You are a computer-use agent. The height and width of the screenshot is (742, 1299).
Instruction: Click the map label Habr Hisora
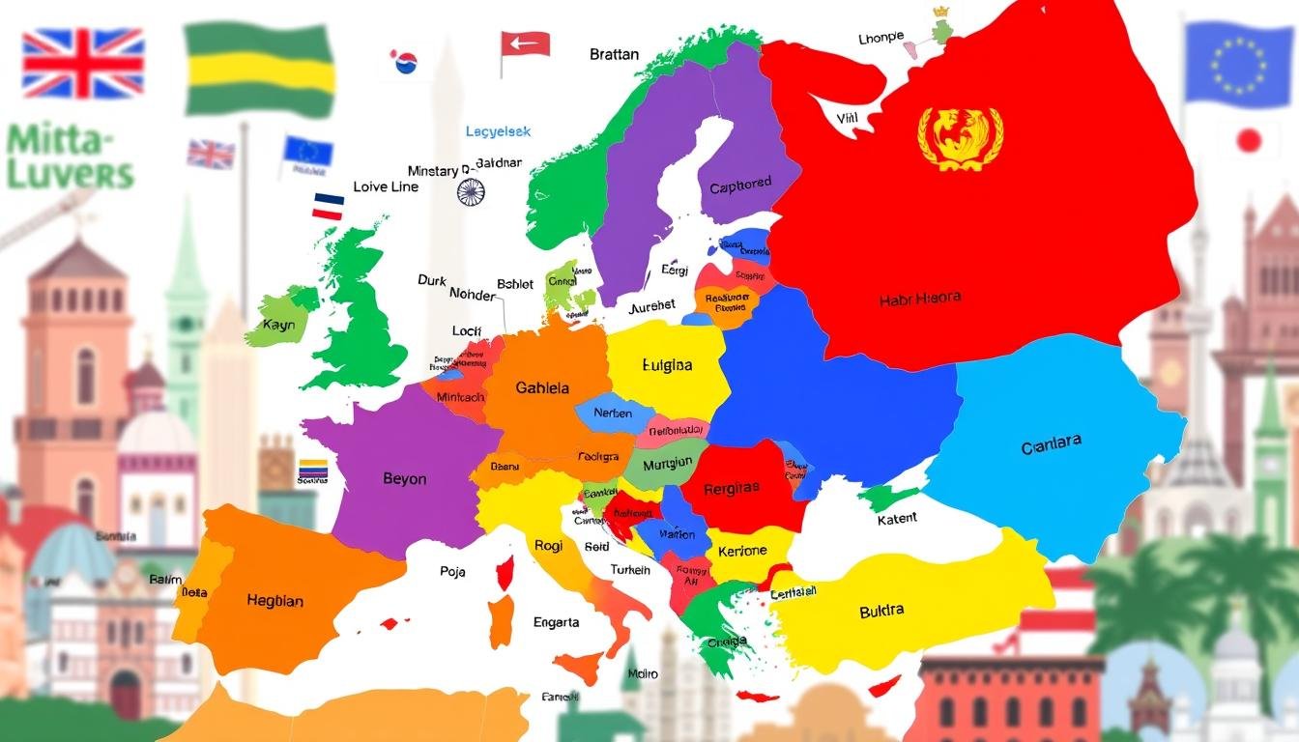(x=920, y=299)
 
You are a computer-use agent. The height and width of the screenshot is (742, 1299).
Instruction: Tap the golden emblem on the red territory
(x=960, y=133)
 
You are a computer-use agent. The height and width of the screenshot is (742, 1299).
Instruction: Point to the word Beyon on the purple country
(x=404, y=479)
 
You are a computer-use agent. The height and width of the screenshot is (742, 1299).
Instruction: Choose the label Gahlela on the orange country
(x=542, y=388)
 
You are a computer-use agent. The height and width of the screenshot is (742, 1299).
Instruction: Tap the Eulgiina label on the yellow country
(x=667, y=366)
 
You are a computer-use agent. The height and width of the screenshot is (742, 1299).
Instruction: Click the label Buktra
(x=881, y=611)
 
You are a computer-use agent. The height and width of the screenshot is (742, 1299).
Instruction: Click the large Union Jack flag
(x=83, y=63)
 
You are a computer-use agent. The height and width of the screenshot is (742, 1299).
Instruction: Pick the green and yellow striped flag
(x=259, y=71)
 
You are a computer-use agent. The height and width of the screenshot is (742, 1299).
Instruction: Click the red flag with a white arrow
(x=525, y=43)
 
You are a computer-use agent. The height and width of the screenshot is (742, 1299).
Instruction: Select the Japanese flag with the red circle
(x=1249, y=141)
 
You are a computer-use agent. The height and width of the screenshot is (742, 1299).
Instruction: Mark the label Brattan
(x=614, y=55)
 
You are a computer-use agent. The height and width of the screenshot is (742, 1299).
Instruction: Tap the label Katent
(x=897, y=519)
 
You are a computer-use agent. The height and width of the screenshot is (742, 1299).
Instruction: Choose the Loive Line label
(x=386, y=186)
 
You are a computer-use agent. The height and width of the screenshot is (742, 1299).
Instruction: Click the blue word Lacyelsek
(x=498, y=131)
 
